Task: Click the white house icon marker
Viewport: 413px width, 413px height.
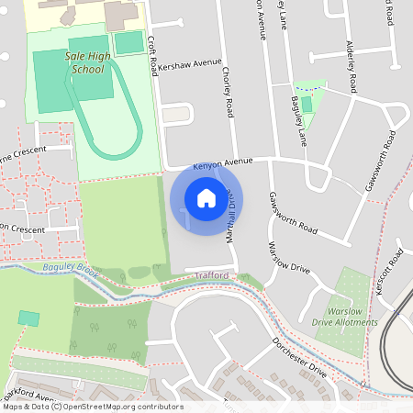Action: coord(206,197)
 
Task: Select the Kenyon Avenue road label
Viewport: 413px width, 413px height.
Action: coord(222,164)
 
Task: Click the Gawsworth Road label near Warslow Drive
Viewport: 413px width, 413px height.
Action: coord(293,211)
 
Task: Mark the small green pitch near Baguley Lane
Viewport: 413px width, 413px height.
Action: coord(307,104)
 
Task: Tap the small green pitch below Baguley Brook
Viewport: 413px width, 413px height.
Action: coord(29,318)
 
